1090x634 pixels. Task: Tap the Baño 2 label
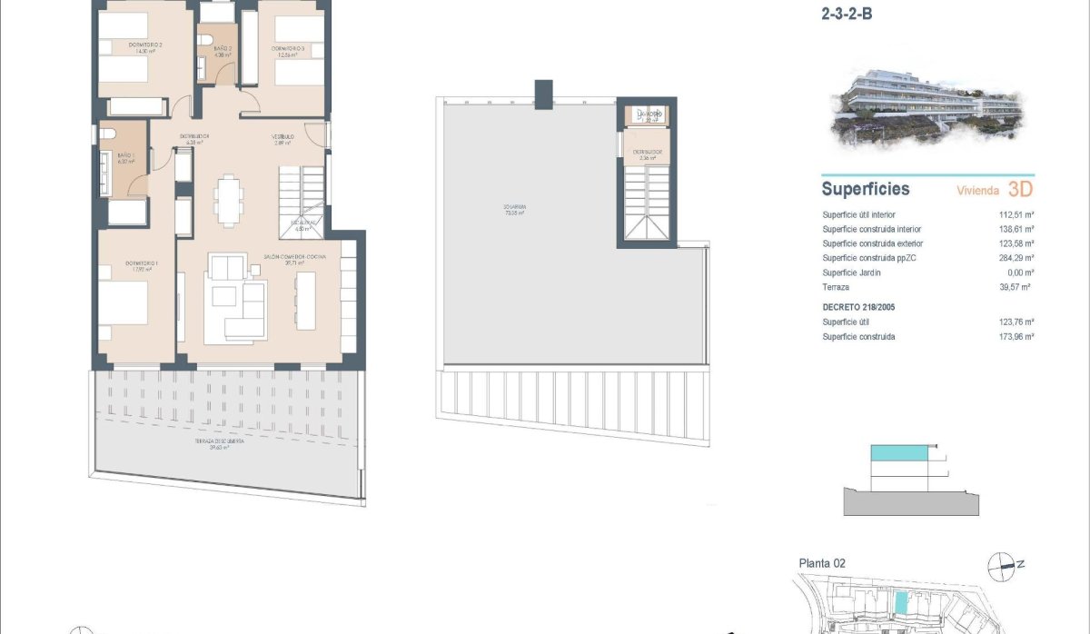click(x=223, y=48)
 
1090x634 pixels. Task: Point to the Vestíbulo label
click(x=282, y=138)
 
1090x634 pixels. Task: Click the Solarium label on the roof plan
click(x=516, y=208)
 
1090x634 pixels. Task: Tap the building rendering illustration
click(x=926, y=109)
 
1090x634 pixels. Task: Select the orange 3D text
click(x=1021, y=190)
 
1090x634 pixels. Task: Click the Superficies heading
click(x=865, y=190)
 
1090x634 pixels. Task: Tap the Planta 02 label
click(x=822, y=563)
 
